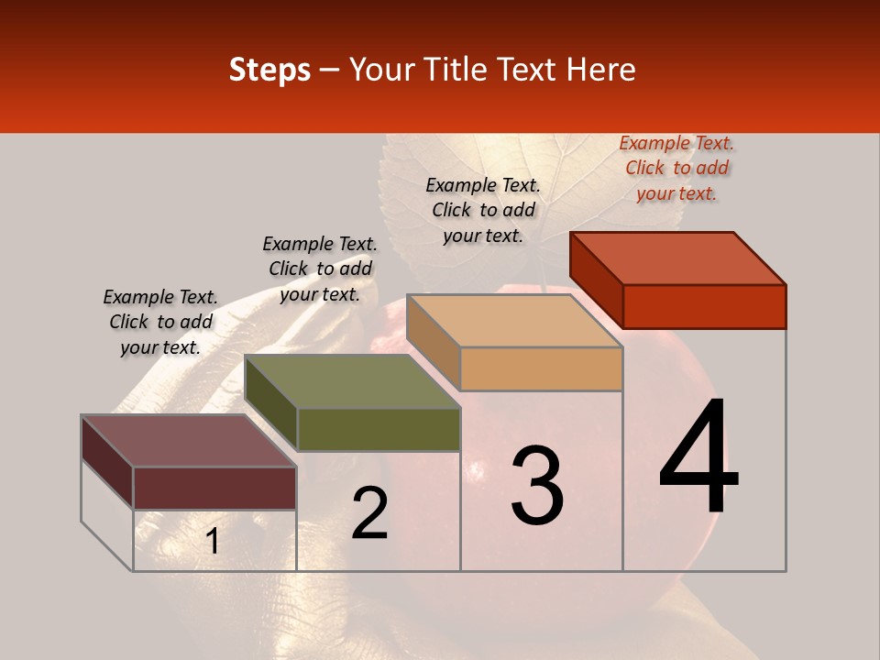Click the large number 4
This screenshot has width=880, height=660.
tap(699, 458)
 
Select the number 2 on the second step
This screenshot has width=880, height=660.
tap(369, 513)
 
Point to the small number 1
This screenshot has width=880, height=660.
tap(212, 542)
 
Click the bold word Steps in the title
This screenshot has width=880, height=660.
tap(269, 70)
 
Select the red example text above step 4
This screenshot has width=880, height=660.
tap(676, 169)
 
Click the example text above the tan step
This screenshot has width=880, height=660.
tap(483, 210)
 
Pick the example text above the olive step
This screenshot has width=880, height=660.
tap(320, 269)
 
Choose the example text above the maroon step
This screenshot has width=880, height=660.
tap(160, 322)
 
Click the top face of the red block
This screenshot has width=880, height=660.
tap(678, 258)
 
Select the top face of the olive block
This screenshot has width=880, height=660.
tap(353, 381)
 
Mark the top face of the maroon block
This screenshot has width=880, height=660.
tap(189, 441)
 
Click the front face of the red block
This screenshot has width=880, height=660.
tap(704, 306)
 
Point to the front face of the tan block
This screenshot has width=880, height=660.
tap(541, 368)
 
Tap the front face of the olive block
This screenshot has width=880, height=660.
tap(379, 429)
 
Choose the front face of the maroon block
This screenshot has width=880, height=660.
tap(214, 488)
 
